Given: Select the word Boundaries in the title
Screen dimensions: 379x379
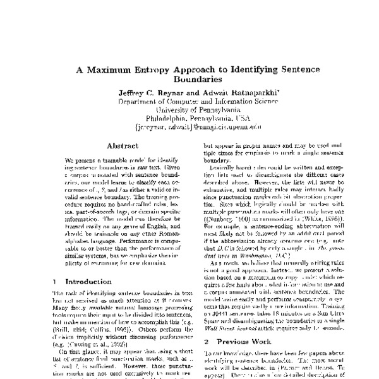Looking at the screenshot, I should coord(189,80).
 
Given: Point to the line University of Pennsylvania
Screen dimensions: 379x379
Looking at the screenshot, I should coord(189,108).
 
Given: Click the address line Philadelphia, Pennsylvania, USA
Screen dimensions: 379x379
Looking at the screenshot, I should coord(189,117).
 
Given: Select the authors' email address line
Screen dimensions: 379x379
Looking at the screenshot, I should coord(189,126).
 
